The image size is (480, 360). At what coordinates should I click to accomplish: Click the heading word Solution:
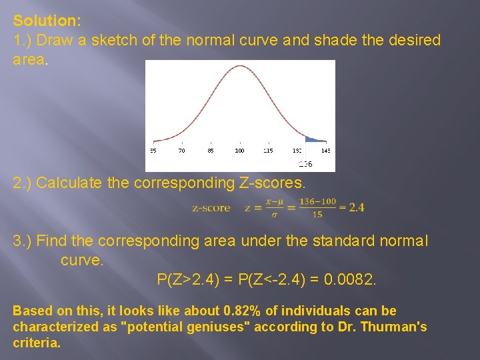click(47, 21)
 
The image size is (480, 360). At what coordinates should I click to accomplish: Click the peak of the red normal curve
click(240, 69)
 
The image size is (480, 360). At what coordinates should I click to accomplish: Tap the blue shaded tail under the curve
click(312, 139)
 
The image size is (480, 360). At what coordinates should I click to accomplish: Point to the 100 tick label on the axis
click(240, 151)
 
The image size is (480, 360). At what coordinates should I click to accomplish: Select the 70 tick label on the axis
click(181, 151)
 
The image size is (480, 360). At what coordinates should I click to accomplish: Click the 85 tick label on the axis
click(211, 151)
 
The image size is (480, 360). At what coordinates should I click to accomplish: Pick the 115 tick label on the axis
click(267, 151)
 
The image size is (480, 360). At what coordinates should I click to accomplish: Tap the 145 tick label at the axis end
click(325, 151)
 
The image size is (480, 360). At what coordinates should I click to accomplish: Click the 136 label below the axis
click(305, 163)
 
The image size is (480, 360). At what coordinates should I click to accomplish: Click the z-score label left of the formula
click(211, 208)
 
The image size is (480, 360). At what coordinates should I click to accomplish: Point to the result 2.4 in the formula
click(356, 207)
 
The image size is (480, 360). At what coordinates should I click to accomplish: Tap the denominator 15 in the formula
click(317, 214)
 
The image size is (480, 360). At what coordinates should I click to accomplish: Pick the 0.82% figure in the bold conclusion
click(243, 311)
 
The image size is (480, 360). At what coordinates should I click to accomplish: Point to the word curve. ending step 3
click(82, 260)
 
